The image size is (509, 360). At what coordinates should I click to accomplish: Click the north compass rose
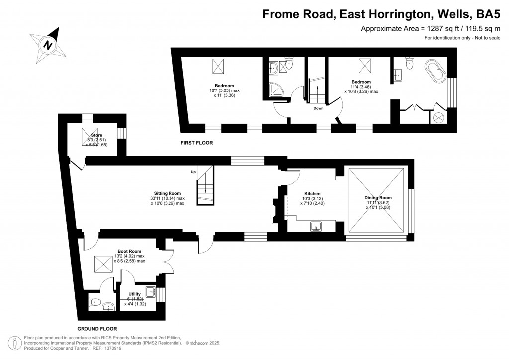[x=48, y=44]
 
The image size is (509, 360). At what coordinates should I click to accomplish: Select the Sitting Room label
[x=167, y=193]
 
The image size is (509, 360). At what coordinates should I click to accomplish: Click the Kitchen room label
[x=312, y=193]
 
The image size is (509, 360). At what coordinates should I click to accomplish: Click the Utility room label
[x=134, y=294]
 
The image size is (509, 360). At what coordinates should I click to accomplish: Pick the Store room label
[x=90, y=135]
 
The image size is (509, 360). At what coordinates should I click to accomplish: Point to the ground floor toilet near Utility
[x=95, y=302]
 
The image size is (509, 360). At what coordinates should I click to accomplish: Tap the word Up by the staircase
[x=193, y=172]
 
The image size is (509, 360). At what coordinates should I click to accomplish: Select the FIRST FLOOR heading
[x=197, y=143]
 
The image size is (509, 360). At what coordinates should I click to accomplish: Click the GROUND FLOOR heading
[x=97, y=329]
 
